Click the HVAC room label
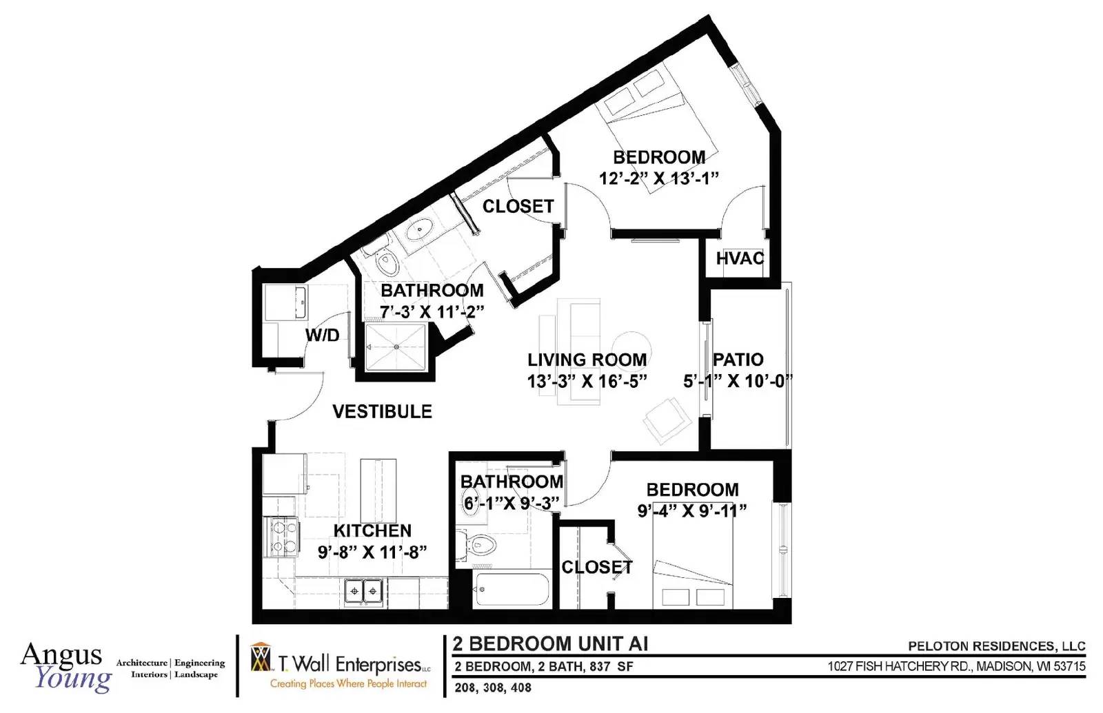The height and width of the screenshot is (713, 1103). pyautogui.click(x=740, y=258)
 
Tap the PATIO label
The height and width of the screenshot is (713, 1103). pyautogui.click(x=738, y=360)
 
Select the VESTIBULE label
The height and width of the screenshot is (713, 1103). pyautogui.click(x=382, y=411)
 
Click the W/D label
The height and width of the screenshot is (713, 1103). pyautogui.click(x=323, y=335)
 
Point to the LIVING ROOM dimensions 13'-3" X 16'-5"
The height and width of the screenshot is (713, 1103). pyautogui.click(x=587, y=381)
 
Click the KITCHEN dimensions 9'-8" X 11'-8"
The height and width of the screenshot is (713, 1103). pyautogui.click(x=372, y=552)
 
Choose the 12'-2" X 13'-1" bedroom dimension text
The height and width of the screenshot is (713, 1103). pyautogui.click(x=659, y=178)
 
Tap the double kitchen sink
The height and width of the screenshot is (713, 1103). pyautogui.click(x=364, y=590)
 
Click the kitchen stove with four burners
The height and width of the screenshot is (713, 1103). pyautogui.click(x=282, y=537)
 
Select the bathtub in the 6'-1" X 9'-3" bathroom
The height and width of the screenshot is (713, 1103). pyautogui.click(x=511, y=589)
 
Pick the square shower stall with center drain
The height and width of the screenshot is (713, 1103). pyautogui.click(x=396, y=347)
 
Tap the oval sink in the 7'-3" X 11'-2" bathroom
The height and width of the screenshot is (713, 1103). pyautogui.click(x=419, y=230)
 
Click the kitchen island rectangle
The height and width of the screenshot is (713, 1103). pyautogui.click(x=378, y=490)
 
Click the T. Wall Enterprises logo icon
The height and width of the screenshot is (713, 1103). pyautogui.click(x=261, y=657)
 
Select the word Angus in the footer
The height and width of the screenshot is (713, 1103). pyautogui.click(x=61, y=654)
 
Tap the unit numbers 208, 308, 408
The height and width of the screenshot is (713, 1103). pyautogui.click(x=493, y=688)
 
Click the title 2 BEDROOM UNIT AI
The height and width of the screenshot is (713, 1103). pyautogui.click(x=551, y=643)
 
